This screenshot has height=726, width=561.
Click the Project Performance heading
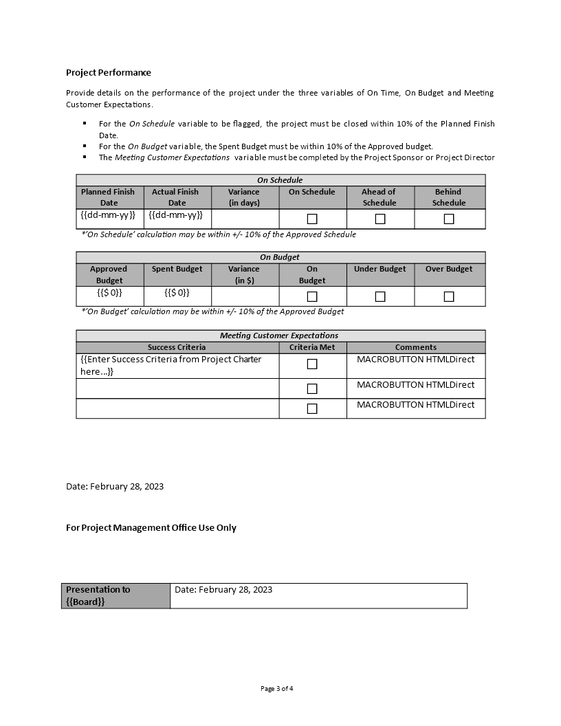coord(109,72)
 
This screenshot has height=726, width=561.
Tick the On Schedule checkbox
coord(312,219)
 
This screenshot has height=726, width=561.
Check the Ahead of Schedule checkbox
coord(380,219)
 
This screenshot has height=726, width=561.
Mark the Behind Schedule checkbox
coord(449,219)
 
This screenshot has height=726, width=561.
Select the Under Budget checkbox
coord(380,296)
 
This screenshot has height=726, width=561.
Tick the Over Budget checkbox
coord(449,296)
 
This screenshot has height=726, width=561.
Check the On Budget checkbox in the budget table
coord(312,296)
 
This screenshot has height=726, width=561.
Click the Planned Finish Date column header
coord(109,197)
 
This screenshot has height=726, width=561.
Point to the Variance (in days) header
coord(244,197)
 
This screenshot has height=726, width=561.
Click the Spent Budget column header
coord(177,269)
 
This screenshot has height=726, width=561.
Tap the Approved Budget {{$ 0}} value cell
coord(109,293)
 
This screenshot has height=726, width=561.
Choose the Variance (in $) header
coord(244,274)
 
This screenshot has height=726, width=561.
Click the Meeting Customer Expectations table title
coord(279,335)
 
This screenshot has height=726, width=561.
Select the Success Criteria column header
coord(177,347)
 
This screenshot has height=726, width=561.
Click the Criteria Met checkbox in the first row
coord(312,364)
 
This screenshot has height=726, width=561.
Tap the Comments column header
coord(415,347)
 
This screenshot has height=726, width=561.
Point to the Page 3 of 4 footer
coord(280,688)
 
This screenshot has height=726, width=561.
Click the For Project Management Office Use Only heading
coord(151,527)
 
